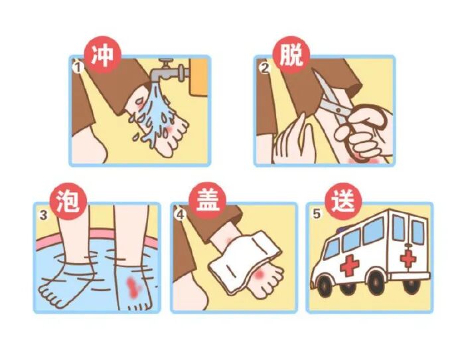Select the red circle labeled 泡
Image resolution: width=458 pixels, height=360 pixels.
pyautogui.click(x=68, y=202)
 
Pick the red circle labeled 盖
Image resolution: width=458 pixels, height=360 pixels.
pyautogui.click(x=208, y=202)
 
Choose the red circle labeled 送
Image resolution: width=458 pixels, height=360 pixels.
pyautogui.click(x=344, y=202)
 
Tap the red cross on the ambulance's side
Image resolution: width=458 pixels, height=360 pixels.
pyautogui.click(x=350, y=265)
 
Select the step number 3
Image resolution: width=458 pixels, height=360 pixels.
pyautogui.click(x=44, y=215)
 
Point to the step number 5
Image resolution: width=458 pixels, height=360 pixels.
pyautogui.click(x=317, y=214)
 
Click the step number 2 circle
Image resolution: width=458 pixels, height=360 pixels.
pyautogui.click(x=265, y=68)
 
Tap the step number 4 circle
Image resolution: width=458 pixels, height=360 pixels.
pyautogui.click(x=181, y=215)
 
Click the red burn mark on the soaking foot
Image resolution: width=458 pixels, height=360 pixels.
pyautogui.click(x=133, y=288)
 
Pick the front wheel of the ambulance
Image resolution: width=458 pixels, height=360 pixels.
pyautogui.click(x=326, y=285)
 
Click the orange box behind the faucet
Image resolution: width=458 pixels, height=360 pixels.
pyautogui.click(x=198, y=77)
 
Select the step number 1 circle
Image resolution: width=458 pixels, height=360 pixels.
pyautogui.click(x=78, y=68)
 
